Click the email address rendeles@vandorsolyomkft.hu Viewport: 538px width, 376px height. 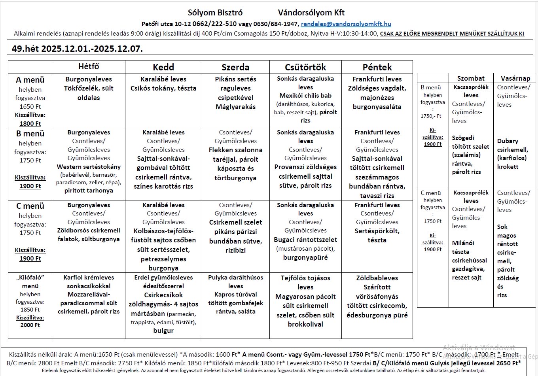click(346, 24)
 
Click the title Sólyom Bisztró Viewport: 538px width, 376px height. click(215, 13)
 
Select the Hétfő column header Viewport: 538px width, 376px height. click(89, 66)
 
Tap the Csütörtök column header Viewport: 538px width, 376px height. click(305, 67)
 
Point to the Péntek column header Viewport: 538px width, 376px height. click(377, 67)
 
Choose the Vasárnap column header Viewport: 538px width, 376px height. click(515, 78)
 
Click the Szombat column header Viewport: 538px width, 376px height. click(471, 78)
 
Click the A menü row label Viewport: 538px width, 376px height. click(30, 80)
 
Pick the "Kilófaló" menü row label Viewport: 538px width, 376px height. click(30, 282)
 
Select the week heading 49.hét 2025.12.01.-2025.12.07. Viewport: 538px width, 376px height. click(78, 49)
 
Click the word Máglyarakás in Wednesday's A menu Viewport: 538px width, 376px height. click(235, 107)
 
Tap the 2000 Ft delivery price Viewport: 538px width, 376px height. click(30, 325)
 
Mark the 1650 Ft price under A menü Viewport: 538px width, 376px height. click(30, 106)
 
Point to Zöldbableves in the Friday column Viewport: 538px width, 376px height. click(377, 278)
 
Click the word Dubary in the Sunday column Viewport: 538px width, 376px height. click(508, 141)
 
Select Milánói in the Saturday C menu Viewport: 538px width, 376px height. click(463, 243)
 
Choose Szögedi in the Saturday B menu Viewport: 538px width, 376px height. click(463, 138)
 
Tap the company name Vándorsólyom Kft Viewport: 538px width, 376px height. click(311, 13)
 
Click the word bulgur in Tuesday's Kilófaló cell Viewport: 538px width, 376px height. click(163, 331)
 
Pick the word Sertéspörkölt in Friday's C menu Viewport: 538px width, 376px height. click(377, 231)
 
